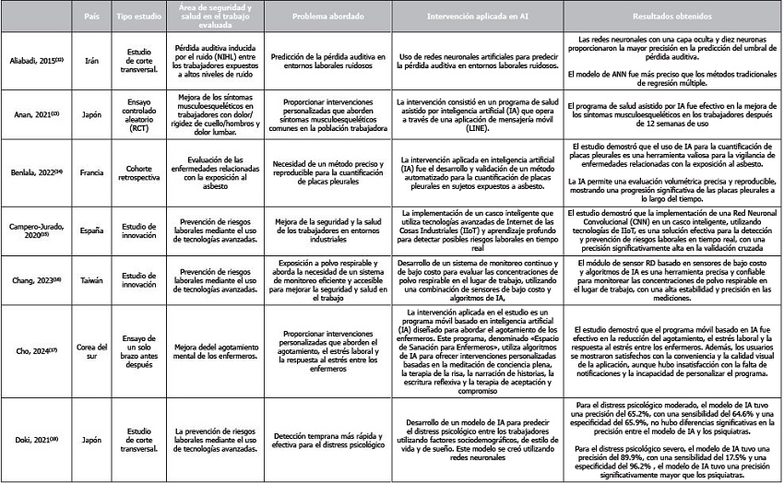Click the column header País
[x=90, y=18]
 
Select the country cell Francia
[x=90, y=171]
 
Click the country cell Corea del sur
[x=90, y=349]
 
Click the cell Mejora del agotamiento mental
[x=213, y=349]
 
